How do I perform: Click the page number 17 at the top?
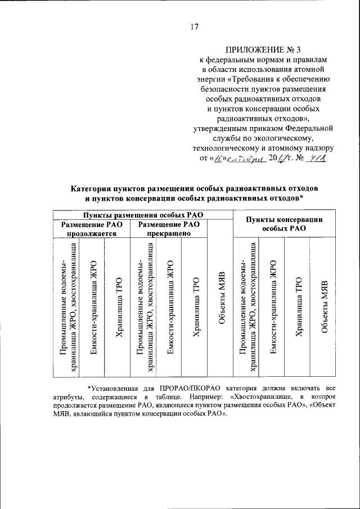pyautogui.click(x=195, y=25)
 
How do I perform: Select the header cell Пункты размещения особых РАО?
pyautogui.click(x=143, y=215)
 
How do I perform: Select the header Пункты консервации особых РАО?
pyautogui.click(x=285, y=224)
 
